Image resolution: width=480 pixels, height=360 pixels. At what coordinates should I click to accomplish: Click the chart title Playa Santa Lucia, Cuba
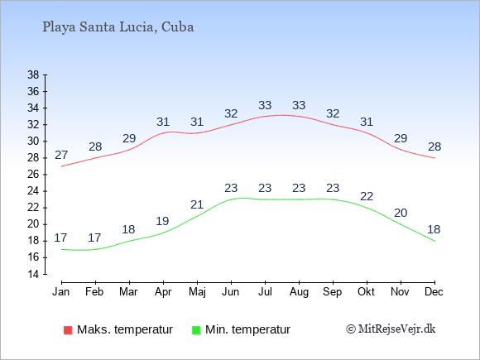[x=118, y=27]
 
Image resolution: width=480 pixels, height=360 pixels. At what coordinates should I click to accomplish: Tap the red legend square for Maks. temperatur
[x=68, y=330]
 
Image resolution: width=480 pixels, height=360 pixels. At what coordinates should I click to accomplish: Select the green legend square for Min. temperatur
[x=196, y=330]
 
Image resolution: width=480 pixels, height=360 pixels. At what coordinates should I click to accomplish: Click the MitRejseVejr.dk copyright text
[x=391, y=329]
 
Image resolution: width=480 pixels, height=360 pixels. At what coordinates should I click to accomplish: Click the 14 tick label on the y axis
[x=33, y=274]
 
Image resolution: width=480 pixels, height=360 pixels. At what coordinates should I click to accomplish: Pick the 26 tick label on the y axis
[x=33, y=175]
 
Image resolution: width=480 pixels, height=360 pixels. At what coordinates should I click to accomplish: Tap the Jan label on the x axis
[x=61, y=292]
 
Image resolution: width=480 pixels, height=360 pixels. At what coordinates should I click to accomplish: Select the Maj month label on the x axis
[x=197, y=292]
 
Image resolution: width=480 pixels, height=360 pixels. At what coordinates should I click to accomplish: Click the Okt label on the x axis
[x=366, y=292]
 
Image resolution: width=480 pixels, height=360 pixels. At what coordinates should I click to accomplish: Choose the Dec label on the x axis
[x=434, y=292]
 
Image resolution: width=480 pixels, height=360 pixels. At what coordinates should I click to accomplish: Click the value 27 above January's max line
[x=61, y=156]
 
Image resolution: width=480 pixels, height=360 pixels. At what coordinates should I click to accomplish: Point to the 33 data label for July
[x=265, y=105]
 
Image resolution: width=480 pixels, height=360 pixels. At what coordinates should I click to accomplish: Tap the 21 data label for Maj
[x=197, y=204]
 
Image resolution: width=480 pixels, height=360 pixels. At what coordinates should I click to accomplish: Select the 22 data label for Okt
[x=367, y=196]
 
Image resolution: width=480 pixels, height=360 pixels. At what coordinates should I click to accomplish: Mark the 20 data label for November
[x=401, y=213]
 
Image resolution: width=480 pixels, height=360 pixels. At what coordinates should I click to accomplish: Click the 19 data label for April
[x=162, y=221]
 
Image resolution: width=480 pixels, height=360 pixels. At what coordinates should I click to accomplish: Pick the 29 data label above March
[x=129, y=139]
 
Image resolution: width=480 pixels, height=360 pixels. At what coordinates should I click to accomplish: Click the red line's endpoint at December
[x=434, y=158]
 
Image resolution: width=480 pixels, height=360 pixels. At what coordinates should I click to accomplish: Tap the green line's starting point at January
[x=62, y=249]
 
